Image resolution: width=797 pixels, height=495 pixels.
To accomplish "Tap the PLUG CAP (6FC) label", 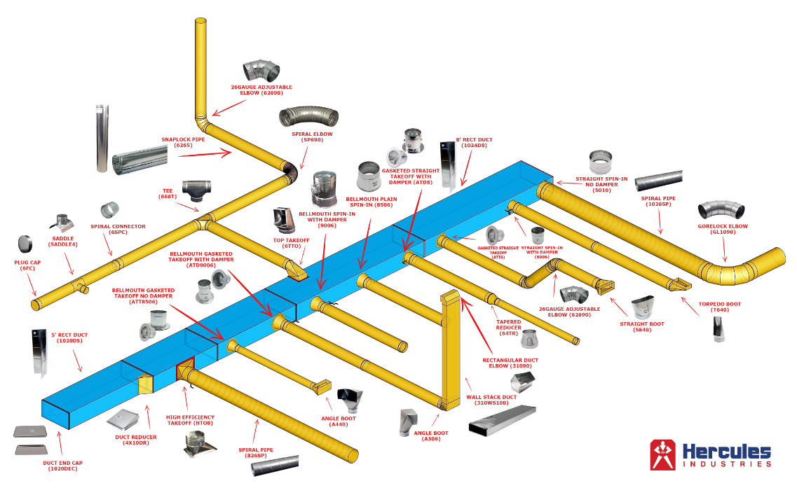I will (x=28, y=264).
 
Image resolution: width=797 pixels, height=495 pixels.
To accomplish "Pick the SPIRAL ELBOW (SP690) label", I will (x=312, y=137).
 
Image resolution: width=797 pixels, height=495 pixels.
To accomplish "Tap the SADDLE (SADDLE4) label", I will (x=63, y=241).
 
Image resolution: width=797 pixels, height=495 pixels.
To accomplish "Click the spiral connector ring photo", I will (x=110, y=209).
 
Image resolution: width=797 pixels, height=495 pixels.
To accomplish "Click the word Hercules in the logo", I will (x=727, y=451).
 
